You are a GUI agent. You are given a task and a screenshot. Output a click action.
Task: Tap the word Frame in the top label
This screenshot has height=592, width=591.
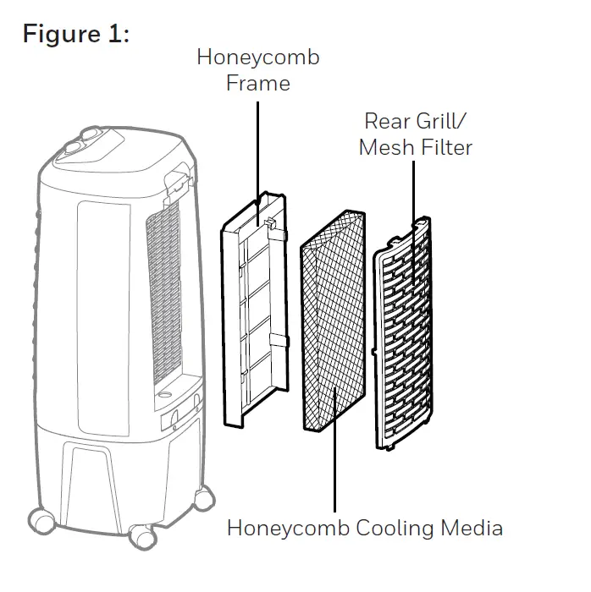[258, 84]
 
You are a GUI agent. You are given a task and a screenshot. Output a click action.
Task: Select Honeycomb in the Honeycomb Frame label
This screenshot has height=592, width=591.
[258, 58]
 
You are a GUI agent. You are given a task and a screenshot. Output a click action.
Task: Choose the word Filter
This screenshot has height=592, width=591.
[445, 147]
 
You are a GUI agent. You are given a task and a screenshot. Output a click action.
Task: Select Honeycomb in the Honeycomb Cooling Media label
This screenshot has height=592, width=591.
[283, 529]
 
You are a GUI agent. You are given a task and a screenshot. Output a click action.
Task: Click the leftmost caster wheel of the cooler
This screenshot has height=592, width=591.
[40, 518]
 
